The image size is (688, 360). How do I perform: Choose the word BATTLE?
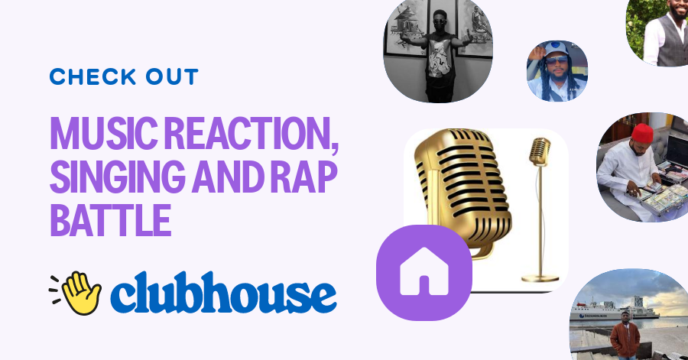point(110,219)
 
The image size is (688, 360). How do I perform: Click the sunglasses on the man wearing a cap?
point(556,59)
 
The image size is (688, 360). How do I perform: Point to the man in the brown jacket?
point(625,336)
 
